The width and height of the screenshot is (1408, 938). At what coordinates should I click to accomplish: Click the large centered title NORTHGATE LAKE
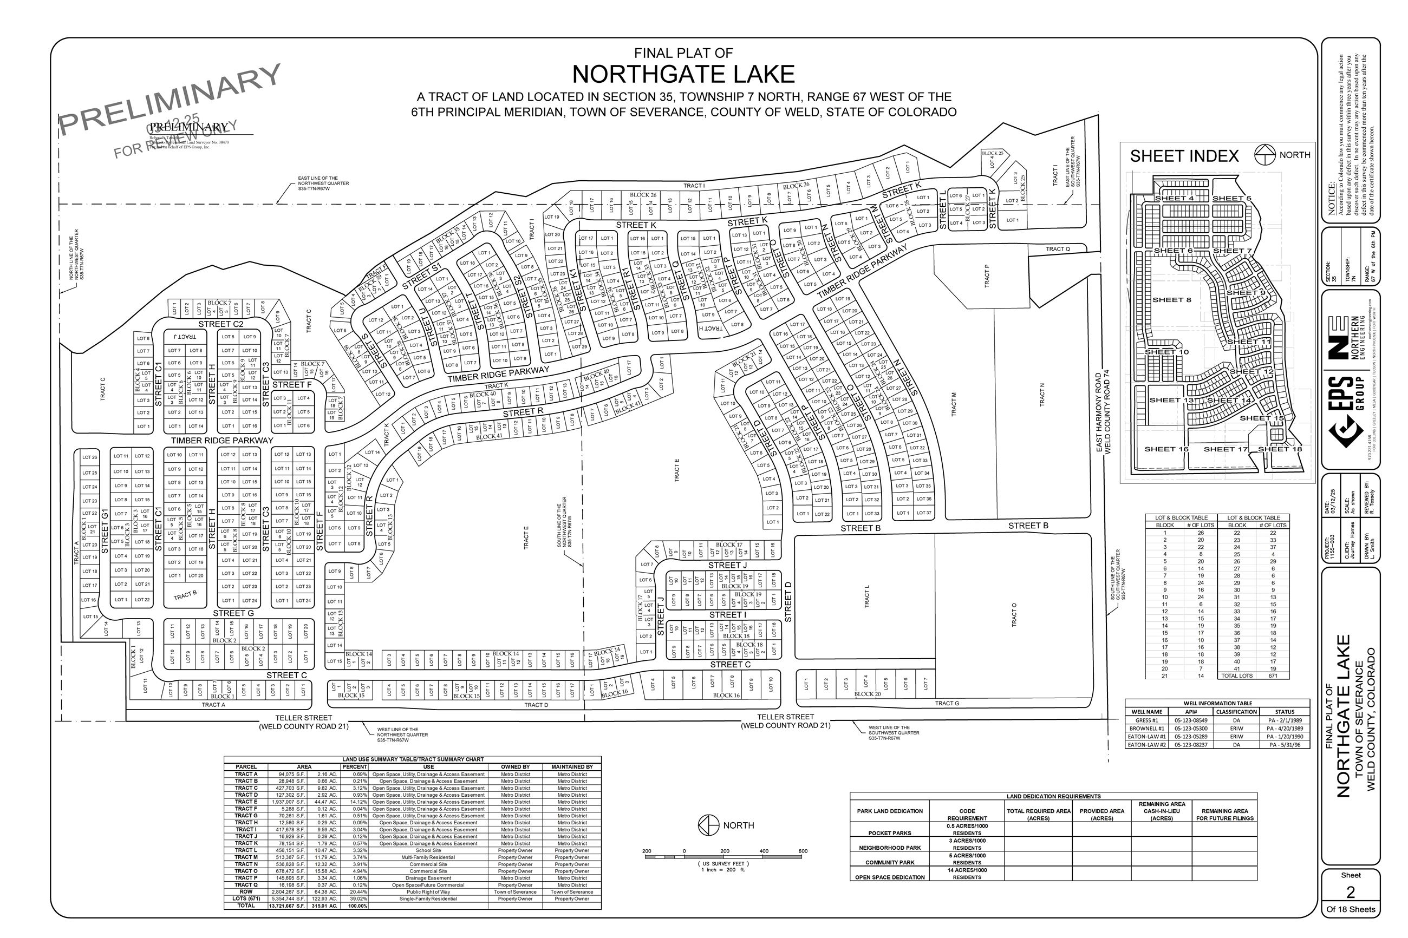683,75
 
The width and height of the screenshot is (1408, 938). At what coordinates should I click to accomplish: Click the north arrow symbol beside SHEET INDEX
1264,155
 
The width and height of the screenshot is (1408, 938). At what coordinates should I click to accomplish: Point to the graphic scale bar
723,857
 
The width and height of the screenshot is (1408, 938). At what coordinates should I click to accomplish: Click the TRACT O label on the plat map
1014,614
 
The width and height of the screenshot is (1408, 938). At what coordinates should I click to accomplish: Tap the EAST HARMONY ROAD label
1099,414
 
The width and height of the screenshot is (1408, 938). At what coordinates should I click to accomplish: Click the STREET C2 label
221,324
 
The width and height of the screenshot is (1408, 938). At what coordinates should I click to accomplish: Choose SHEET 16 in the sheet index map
1165,449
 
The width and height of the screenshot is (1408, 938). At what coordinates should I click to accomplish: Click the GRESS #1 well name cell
1146,720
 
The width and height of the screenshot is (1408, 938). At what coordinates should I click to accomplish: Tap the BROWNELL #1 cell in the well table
1146,729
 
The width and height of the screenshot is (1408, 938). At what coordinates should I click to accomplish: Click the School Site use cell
428,850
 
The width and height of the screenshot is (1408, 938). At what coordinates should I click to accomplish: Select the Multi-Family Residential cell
428,857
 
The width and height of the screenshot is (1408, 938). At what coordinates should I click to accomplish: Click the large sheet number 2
1350,892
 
